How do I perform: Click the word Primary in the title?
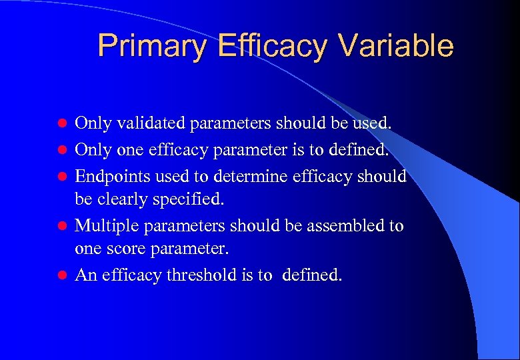[x=141, y=47]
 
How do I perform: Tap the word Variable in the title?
[x=395, y=47]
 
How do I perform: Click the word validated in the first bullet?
[x=151, y=123]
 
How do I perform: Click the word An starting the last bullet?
[x=85, y=275]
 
